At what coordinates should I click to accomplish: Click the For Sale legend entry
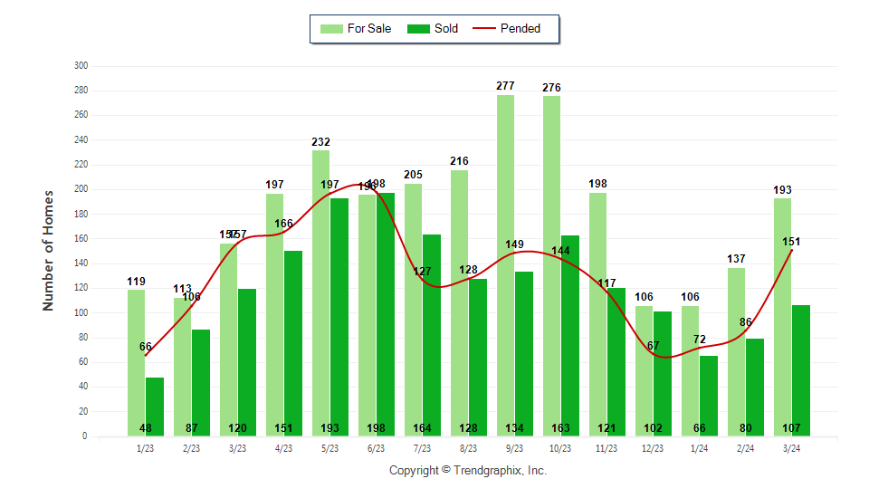(x=357, y=28)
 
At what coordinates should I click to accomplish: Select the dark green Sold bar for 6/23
(x=385, y=308)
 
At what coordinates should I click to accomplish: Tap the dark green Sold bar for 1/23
(x=155, y=403)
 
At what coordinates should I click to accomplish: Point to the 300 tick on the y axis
(x=81, y=66)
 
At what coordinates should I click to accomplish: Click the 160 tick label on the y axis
(x=81, y=239)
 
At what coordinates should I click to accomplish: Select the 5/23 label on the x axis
(x=329, y=448)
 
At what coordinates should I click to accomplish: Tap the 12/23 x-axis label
(x=653, y=448)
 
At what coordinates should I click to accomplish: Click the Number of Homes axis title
(x=49, y=250)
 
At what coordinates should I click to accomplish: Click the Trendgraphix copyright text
(x=468, y=471)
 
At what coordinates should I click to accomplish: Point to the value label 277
(x=505, y=86)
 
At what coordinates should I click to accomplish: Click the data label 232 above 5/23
(x=320, y=142)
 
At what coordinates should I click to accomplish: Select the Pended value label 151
(x=791, y=242)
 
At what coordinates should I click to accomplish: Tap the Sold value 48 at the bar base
(x=146, y=428)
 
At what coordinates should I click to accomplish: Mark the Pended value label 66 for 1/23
(x=146, y=347)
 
